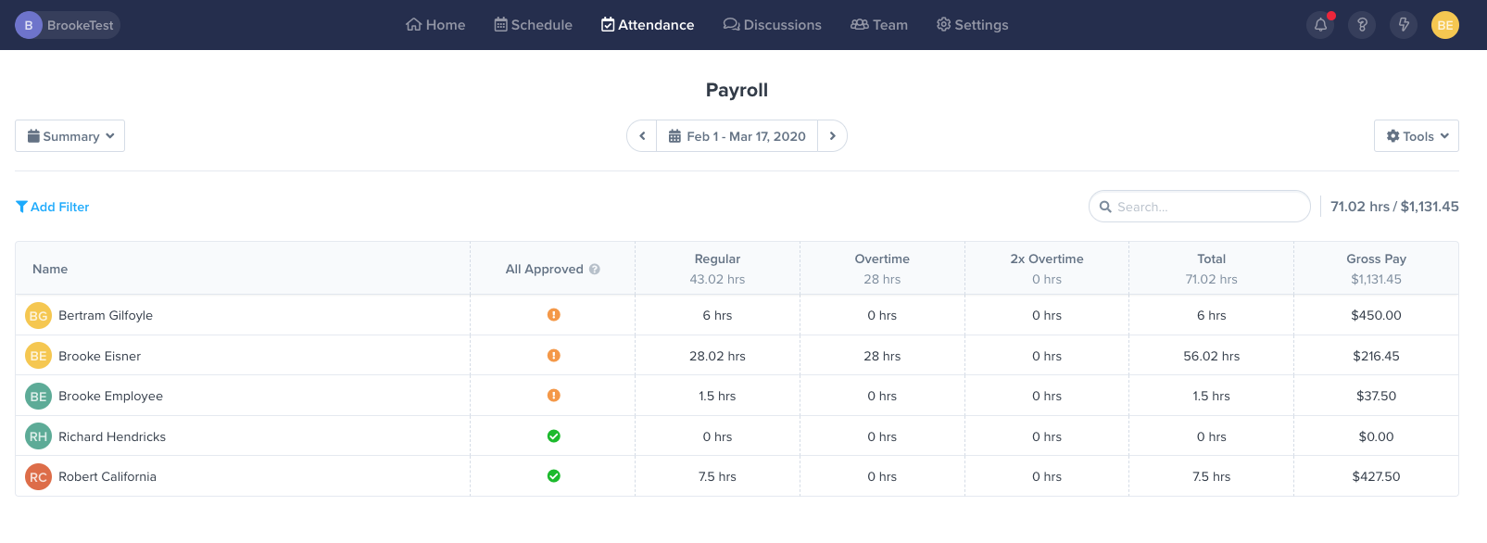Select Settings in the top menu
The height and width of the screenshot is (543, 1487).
(972, 25)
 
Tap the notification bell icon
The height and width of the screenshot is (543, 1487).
(1320, 25)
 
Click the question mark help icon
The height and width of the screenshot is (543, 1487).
(1362, 25)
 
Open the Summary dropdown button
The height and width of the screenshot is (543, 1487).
(70, 136)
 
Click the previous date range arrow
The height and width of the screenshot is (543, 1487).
(642, 136)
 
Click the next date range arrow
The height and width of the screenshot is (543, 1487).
(832, 136)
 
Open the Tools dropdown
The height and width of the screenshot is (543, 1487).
(1416, 136)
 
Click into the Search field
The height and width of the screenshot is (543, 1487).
(1204, 207)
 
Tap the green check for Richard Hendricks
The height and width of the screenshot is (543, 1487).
(553, 436)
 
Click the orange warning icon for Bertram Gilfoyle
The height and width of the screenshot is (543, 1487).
(553, 315)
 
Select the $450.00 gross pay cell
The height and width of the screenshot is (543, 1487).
(1376, 315)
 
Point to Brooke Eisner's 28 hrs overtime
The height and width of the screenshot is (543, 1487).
(882, 356)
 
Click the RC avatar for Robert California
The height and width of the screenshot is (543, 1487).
(38, 477)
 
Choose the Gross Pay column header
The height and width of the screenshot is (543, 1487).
(1376, 259)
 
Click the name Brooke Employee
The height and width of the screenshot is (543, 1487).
(110, 396)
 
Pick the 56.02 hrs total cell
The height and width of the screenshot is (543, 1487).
(1211, 356)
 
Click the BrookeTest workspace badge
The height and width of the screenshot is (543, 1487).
(67, 25)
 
